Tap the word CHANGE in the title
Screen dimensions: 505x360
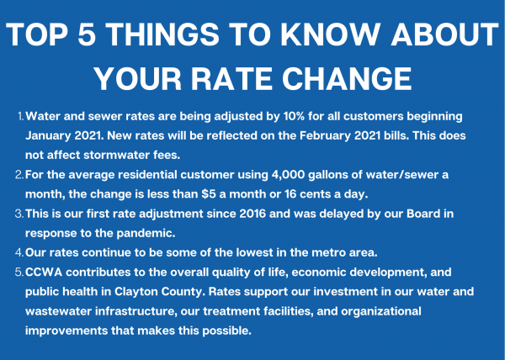pos(347,79)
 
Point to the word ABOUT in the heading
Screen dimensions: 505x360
pos(444,34)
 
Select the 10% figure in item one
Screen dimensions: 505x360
pos(294,116)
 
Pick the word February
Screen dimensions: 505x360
pos(325,135)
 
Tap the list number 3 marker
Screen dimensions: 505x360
pos(19,214)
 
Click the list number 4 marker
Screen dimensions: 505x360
pos(19,252)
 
